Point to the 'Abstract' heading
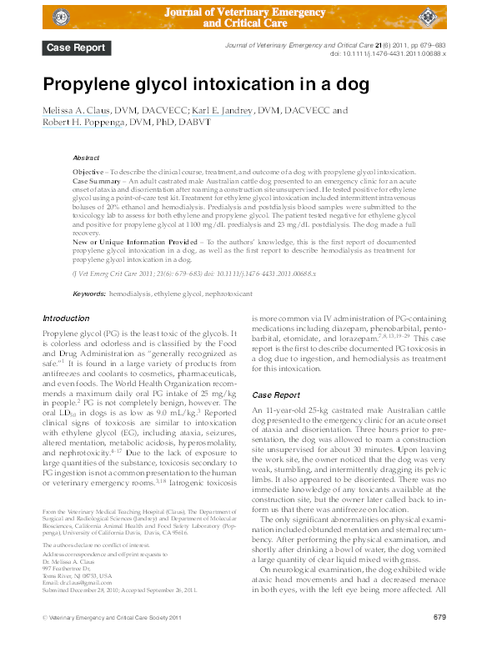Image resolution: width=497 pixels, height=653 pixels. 86,157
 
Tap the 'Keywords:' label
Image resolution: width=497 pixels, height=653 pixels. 89,271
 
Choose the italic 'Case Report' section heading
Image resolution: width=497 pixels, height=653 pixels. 276,394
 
